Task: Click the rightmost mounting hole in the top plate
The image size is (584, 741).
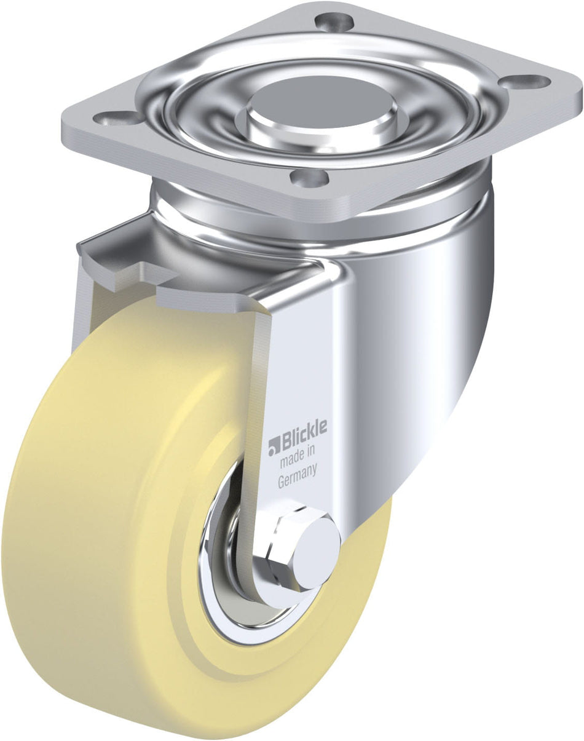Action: tap(527, 80)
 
